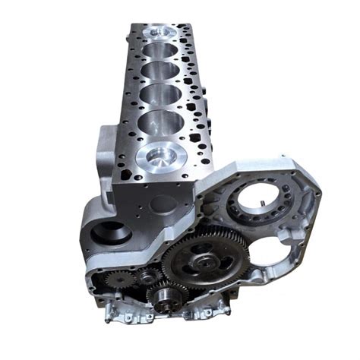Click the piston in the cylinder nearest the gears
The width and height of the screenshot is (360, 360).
tap(161, 157)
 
